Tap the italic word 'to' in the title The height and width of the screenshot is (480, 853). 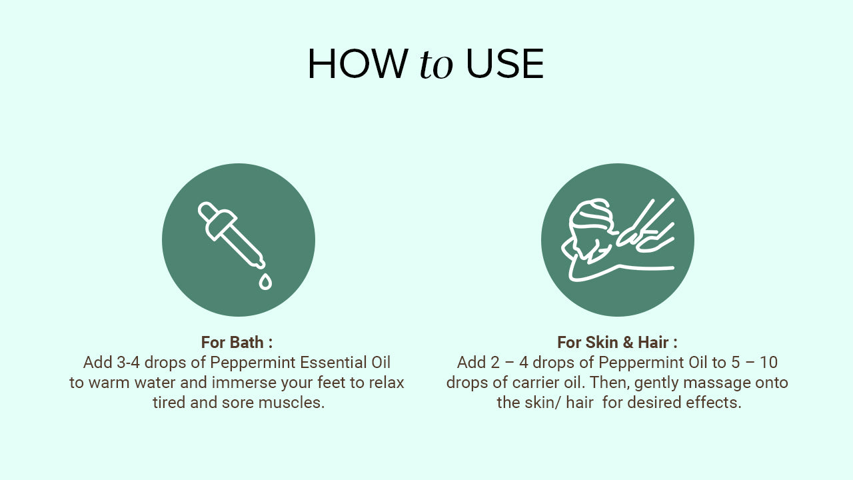pos(436,65)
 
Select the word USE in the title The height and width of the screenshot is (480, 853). pos(505,63)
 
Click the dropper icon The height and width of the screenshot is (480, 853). pos(231,235)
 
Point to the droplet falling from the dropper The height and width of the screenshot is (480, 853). pos(265,281)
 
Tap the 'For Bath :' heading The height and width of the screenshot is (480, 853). pos(237,342)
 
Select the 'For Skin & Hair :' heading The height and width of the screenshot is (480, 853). pos(617,342)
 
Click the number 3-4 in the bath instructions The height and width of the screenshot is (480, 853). pos(128,362)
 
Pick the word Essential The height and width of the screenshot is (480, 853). pos(331,362)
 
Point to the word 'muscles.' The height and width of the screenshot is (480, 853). pos(291,403)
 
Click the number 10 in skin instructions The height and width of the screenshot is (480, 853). pos(768,362)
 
